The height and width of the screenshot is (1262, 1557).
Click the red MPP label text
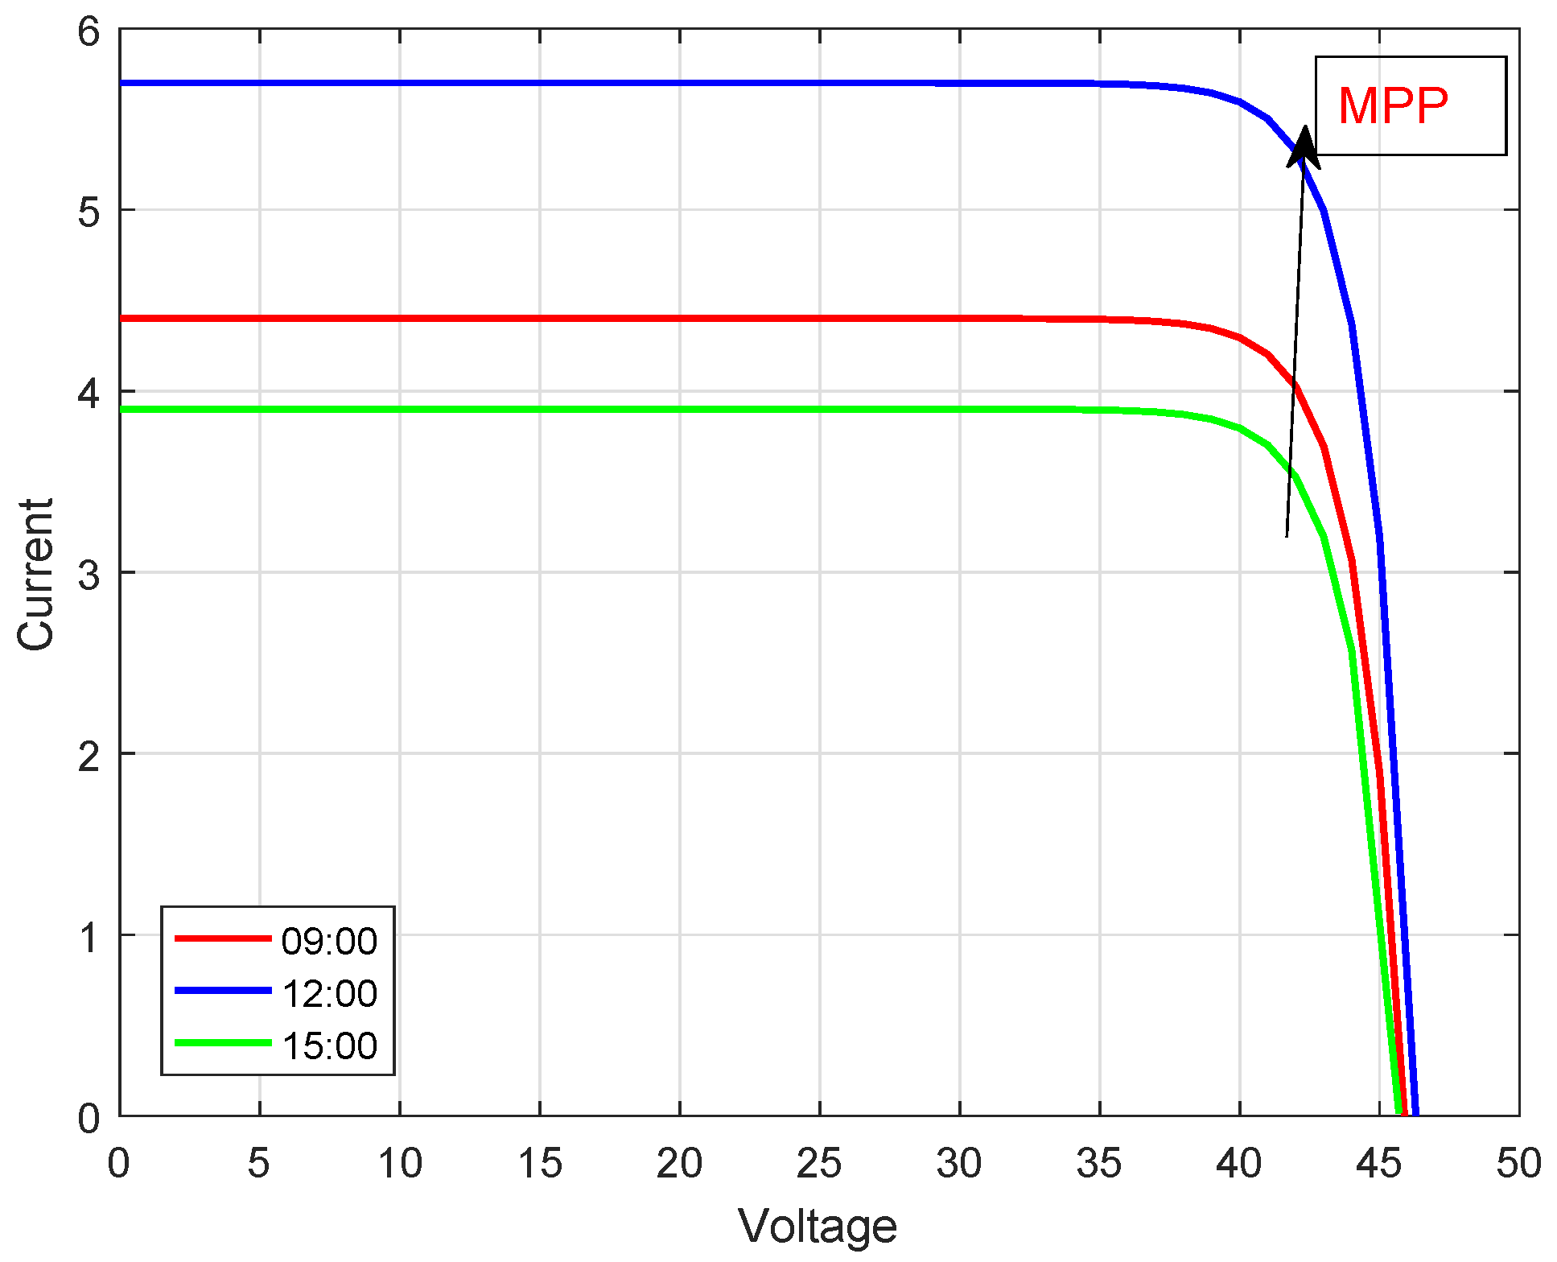(x=1393, y=105)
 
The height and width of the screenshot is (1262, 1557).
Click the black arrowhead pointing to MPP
(x=1303, y=145)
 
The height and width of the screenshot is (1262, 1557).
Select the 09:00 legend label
(x=329, y=941)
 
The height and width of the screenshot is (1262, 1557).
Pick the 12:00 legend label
(x=329, y=993)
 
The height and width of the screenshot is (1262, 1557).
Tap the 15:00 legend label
(x=329, y=1045)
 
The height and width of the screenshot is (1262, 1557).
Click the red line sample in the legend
(x=223, y=938)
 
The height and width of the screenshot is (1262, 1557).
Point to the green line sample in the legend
(x=223, y=1043)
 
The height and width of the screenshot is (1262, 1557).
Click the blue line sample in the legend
(x=223, y=991)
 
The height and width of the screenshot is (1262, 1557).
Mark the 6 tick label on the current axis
(x=89, y=32)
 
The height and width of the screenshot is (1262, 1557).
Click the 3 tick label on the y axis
(x=89, y=575)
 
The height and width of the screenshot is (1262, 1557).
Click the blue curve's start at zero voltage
(x=122, y=83)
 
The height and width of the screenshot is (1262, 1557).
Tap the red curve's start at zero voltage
(x=122, y=319)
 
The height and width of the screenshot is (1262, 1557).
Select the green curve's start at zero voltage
(x=122, y=410)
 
